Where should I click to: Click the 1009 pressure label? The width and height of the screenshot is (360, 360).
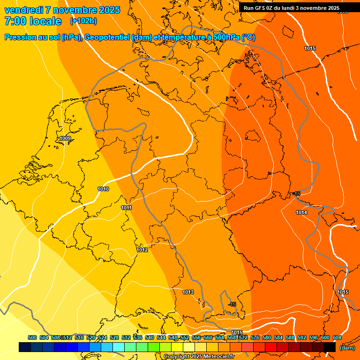point(65,138)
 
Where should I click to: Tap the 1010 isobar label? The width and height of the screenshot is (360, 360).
point(103,189)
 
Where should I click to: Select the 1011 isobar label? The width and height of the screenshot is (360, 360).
point(126,208)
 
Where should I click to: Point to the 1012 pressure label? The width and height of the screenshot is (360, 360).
point(142,250)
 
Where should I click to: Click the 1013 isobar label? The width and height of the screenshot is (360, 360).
point(188,292)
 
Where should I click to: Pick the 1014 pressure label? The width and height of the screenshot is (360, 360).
point(301,213)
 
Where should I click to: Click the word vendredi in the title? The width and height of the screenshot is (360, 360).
point(23,10)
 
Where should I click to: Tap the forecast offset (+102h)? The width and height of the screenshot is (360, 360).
point(83,21)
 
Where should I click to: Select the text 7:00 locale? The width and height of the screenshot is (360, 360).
point(33,21)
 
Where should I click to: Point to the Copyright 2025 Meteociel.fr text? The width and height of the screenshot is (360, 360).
point(199,357)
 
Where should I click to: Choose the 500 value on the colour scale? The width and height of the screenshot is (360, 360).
point(32,337)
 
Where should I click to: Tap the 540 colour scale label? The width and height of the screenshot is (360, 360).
point(150,337)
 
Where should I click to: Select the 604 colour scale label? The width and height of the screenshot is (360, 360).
point(337,337)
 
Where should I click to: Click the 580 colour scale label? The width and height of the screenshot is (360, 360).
point(267,337)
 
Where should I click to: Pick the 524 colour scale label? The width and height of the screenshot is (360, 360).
point(103,337)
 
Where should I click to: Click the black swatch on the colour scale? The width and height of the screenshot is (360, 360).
point(330,347)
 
